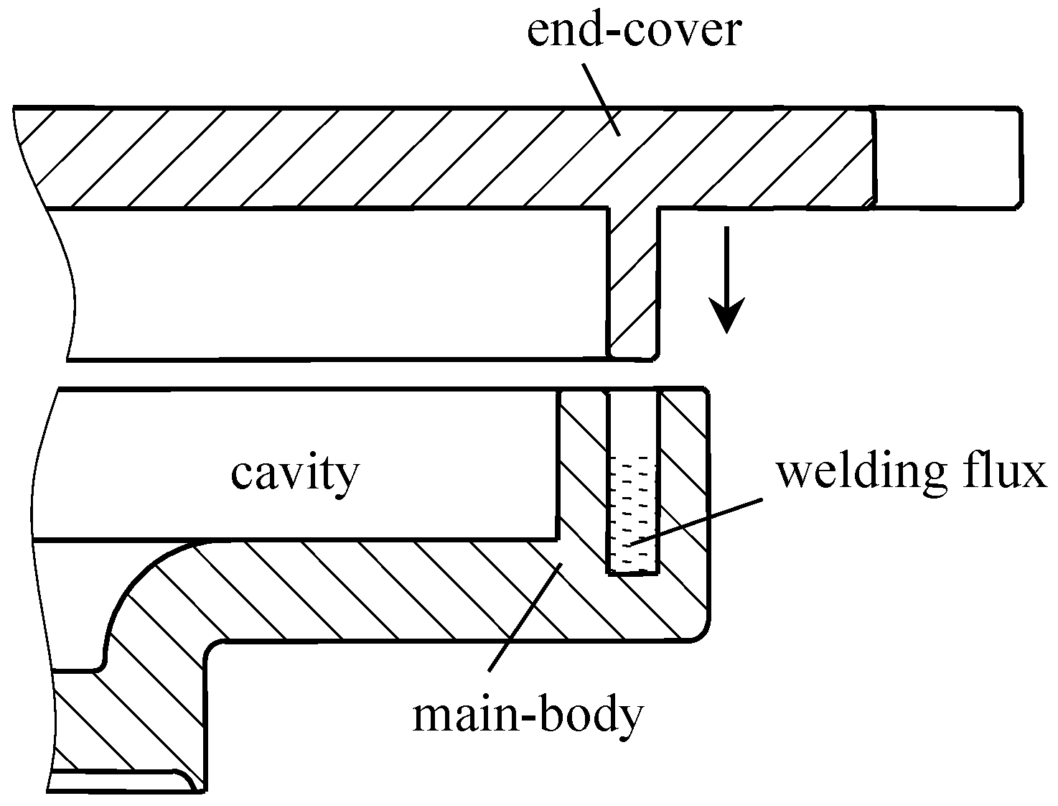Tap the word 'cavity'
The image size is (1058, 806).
295,473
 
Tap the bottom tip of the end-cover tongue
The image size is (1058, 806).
632,355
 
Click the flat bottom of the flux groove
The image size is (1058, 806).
632,573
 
